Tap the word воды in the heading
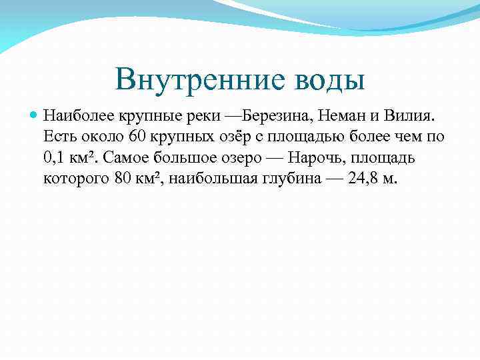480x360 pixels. [x=328, y=81]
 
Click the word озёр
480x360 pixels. [x=224, y=137]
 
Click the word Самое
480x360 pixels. [x=130, y=159]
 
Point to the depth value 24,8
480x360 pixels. [x=363, y=179]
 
